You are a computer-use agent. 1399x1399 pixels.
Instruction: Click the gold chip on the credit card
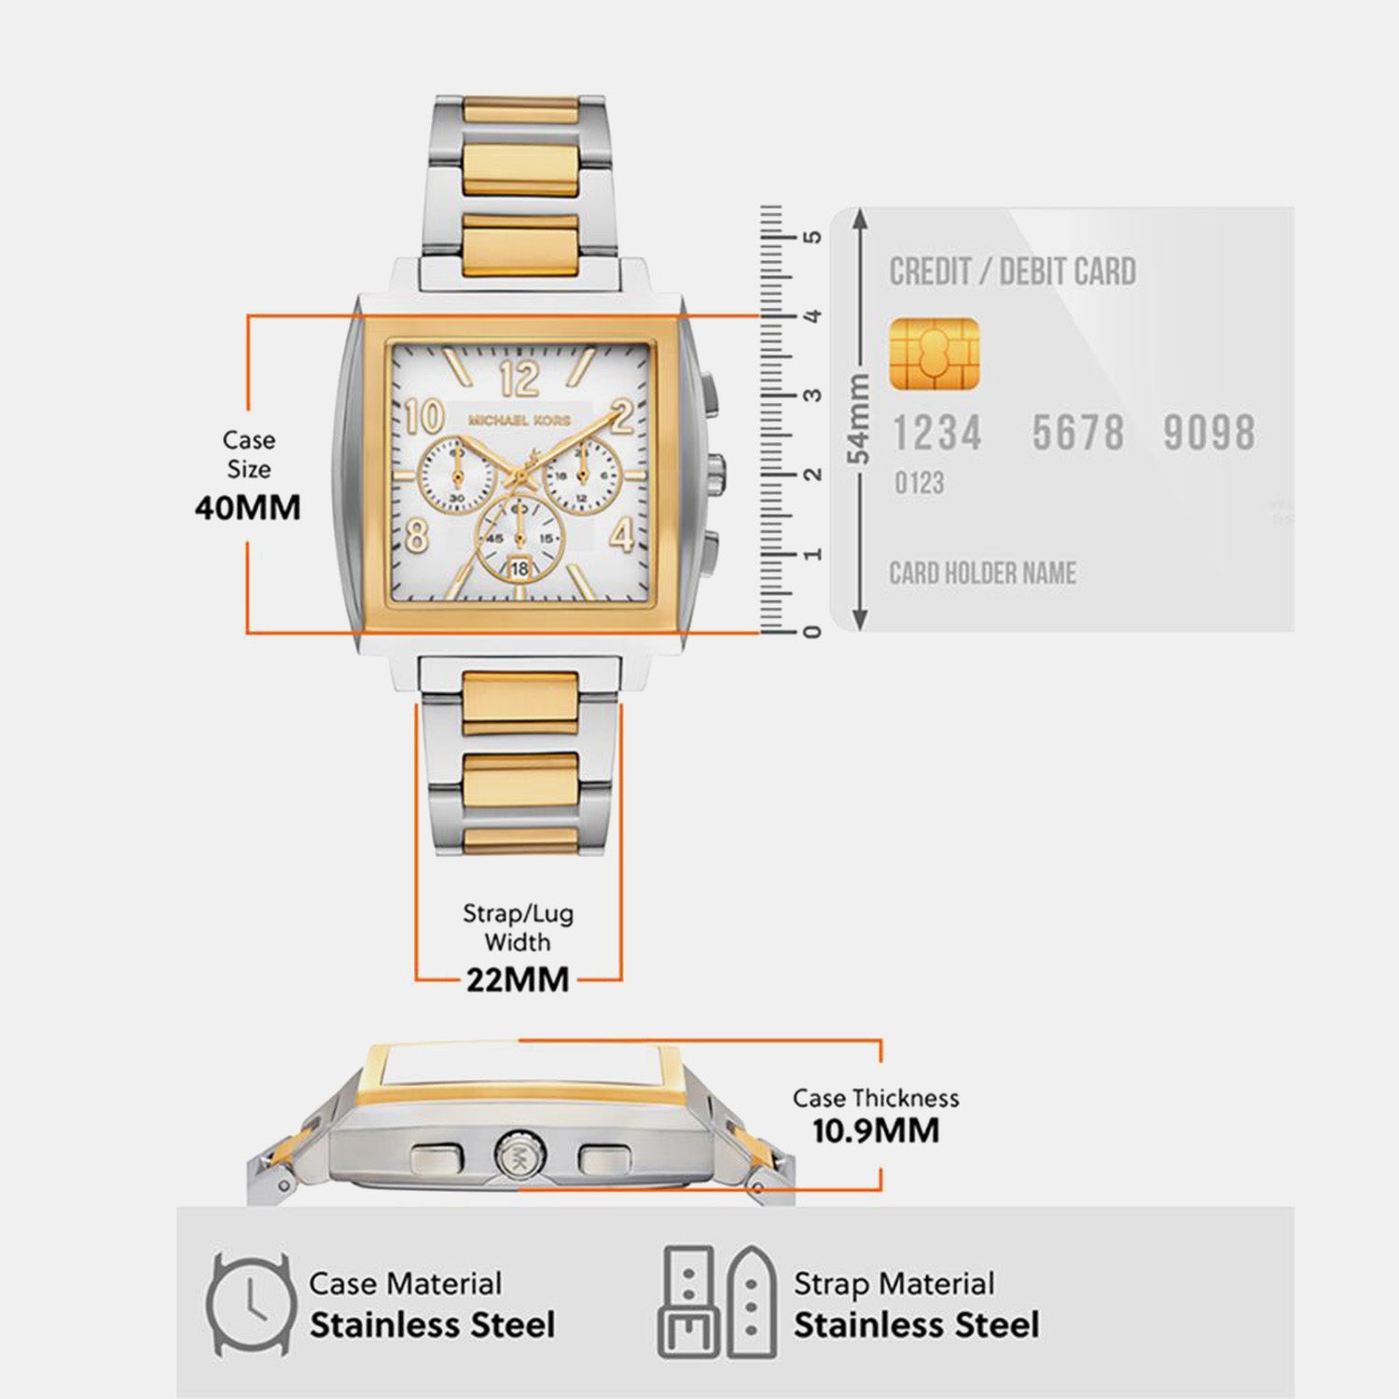click(935, 353)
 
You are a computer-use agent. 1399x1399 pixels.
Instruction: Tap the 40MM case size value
click(248, 508)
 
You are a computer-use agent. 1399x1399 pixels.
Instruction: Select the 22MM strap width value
click(518, 979)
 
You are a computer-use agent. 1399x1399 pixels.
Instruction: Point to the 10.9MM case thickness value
click(876, 1130)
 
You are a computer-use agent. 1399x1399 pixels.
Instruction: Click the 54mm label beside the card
click(858, 419)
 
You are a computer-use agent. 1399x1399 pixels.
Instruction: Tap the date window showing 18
click(519, 568)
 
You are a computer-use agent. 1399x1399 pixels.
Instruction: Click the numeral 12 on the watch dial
click(519, 379)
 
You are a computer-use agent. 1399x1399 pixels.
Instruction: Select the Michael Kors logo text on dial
click(519, 421)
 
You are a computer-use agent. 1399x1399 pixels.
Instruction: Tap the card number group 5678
click(1077, 433)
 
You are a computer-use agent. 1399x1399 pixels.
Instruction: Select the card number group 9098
click(1209, 433)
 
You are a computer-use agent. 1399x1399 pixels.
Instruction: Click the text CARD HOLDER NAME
click(983, 573)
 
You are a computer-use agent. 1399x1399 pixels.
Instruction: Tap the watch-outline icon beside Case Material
click(248, 1304)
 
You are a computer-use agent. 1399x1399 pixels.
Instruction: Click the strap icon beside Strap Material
click(717, 1302)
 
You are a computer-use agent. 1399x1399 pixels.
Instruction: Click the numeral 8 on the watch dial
click(417, 535)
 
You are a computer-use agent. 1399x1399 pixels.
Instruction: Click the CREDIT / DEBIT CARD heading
click(1013, 272)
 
